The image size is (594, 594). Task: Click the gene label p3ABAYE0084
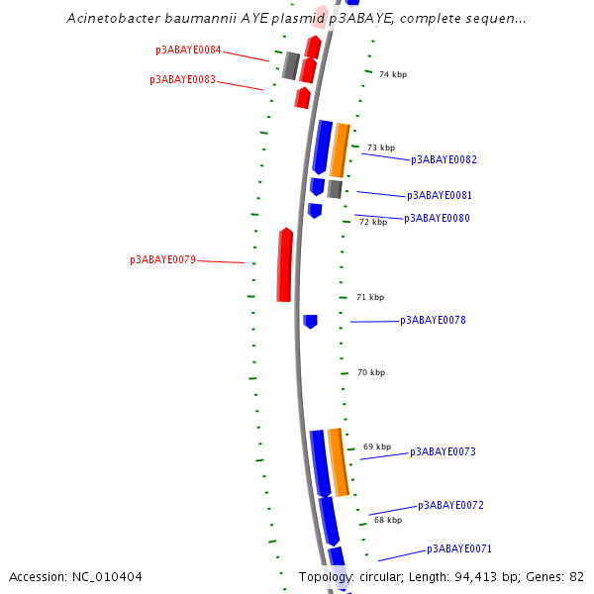pos(188,49)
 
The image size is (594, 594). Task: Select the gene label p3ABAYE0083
pos(182,79)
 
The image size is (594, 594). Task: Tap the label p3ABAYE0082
pos(444,159)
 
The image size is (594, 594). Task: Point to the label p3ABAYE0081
pos(440,196)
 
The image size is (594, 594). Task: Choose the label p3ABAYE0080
pos(437,218)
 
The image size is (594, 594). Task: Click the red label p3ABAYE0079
pos(162,260)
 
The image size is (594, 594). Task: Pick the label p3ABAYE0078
pos(433,321)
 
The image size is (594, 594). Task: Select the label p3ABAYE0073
pos(443,452)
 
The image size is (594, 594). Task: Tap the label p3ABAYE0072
pos(450,505)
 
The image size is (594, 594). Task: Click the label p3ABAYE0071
pos(459,548)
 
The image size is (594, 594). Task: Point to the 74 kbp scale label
pos(393,74)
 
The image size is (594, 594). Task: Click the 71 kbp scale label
pos(370,297)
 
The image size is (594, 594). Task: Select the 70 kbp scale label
pos(370,372)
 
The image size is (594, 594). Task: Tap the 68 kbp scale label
pos(388,520)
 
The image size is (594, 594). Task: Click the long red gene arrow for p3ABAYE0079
pos(284,265)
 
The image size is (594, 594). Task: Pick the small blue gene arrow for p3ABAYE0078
pos(310,321)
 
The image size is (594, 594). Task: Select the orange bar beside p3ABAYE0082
pos(339,149)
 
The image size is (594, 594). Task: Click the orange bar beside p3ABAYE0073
pos(338,462)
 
